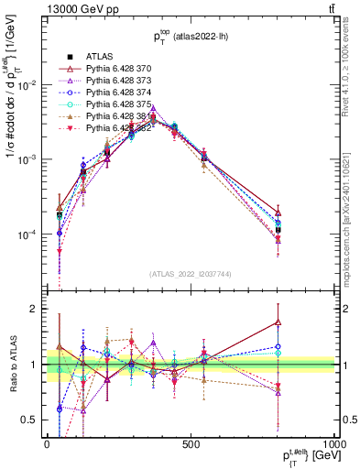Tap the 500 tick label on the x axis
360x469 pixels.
[x=191, y=444]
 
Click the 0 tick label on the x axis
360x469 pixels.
[x=47, y=444]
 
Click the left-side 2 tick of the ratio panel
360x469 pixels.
[x=36, y=309]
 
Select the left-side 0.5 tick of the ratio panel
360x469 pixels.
[x=31, y=420]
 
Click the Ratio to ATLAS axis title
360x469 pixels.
[x=12, y=365]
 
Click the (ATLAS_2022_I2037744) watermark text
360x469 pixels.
[x=191, y=274]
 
